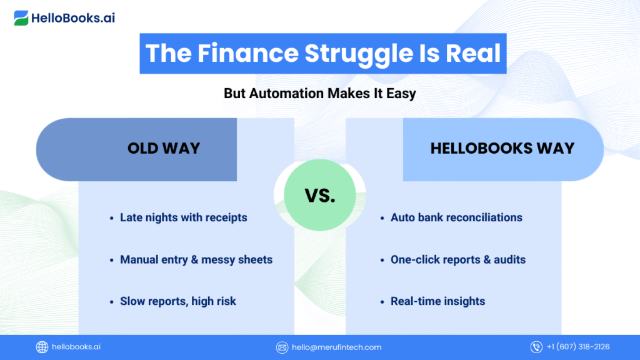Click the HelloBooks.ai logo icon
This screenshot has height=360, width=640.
[x=21, y=18]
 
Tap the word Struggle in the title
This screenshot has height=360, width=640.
[x=359, y=54]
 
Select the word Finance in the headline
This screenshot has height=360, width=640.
[x=248, y=53]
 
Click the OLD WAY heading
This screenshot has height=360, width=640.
[x=164, y=148]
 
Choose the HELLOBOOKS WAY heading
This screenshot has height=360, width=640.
[x=502, y=148]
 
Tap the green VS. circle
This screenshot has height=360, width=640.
[x=319, y=195]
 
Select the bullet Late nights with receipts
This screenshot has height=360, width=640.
[x=183, y=217]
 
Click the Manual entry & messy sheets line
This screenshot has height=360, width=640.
[x=196, y=259]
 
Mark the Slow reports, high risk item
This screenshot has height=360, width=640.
[x=178, y=301]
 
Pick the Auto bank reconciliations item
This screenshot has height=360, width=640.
[x=456, y=217]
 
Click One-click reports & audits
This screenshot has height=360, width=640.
[x=458, y=259]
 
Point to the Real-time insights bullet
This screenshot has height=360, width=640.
[x=437, y=301]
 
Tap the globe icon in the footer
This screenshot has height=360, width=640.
[x=42, y=347]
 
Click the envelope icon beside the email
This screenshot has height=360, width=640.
[x=282, y=347]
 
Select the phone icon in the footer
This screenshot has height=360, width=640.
[x=536, y=347]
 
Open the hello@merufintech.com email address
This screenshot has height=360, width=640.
[x=337, y=347]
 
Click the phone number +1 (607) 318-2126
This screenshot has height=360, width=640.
[x=578, y=346]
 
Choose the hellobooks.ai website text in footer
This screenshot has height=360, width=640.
[x=76, y=346]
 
